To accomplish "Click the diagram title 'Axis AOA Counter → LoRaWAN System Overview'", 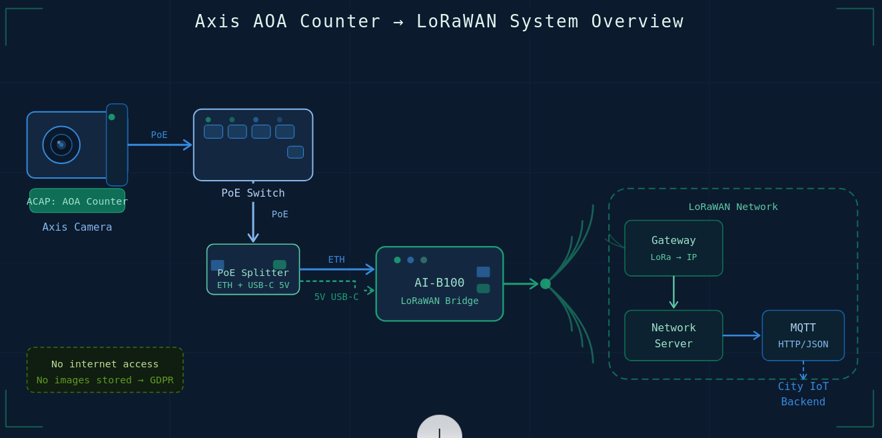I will coord(439,21).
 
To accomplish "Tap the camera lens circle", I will coord(61,145).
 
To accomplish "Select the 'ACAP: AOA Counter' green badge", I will coord(77,201).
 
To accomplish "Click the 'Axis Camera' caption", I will coord(77,227).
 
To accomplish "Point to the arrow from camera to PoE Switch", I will coord(160,145).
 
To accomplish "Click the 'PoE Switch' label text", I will coord(253,193).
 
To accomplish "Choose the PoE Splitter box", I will coord(253,269).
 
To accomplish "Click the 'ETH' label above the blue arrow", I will coord(336,259).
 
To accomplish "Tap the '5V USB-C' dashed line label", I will coord(336,297).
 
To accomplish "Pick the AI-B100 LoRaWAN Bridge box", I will coord(440,284).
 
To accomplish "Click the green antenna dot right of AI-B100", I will coord(546,284).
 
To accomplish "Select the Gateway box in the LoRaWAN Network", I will coord(673,248).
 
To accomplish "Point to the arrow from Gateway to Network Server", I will coord(673,293).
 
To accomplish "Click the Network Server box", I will coord(673,335).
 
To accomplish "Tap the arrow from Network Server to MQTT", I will coord(741,335).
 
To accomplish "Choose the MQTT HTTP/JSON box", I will coord(803,335).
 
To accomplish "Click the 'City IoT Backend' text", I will coord(803,394).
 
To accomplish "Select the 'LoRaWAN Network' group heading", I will coord(733,207).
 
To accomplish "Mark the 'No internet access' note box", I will coord(105,370).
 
